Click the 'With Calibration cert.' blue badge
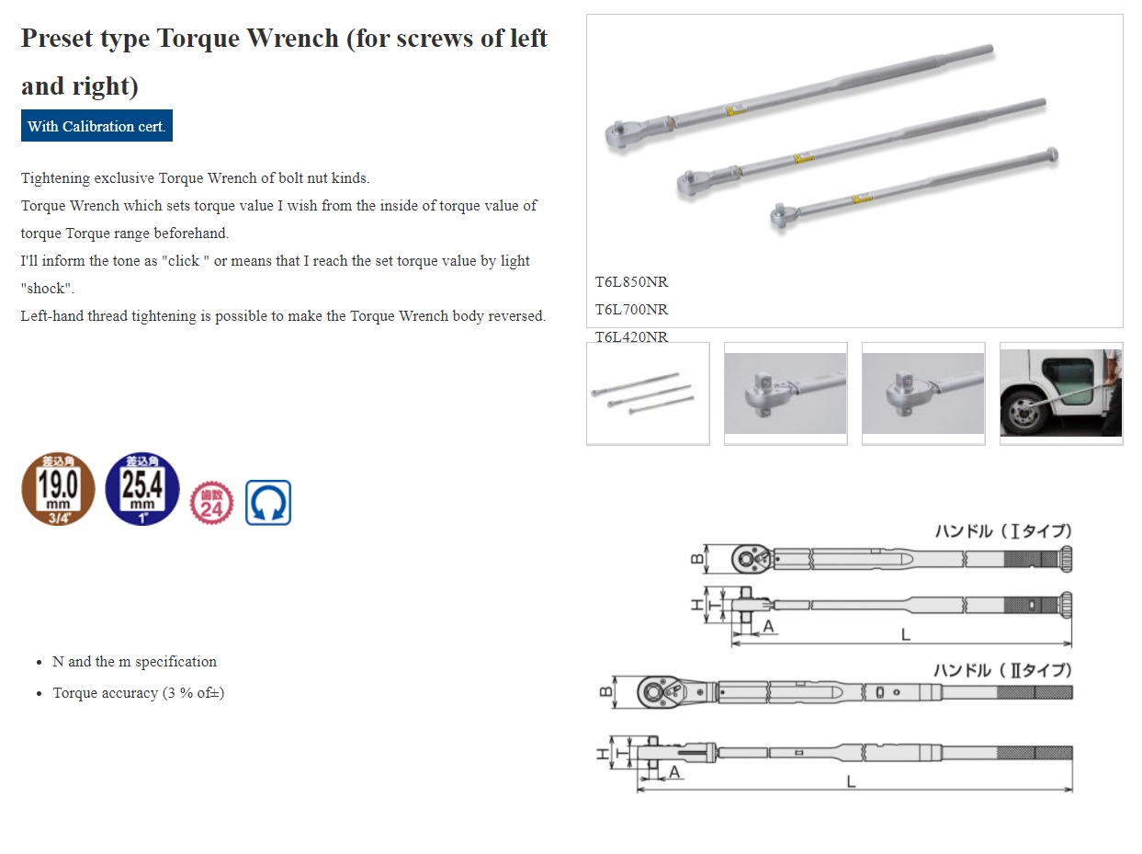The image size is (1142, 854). pyautogui.click(x=96, y=126)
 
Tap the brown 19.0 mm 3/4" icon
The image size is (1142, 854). pyautogui.click(x=58, y=489)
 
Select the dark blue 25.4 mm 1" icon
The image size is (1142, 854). pyautogui.click(x=142, y=489)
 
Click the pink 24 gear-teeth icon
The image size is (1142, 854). pyautogui.click(x=211, y=504)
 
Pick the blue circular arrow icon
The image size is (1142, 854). pyautogui.click(x=268, y=503)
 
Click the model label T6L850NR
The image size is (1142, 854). pyautogui.click(x=632, y=282)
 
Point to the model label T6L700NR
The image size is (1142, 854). pyautogui.click(x=632, y=310)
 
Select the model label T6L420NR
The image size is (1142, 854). pyautogui.click(x=632, y=336)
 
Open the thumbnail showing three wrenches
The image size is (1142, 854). pyautogui.click(x=648, y=393)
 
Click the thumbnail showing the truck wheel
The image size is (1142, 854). pyautogui.click(x=1060, y=393)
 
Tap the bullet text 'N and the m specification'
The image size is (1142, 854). pyautogui.click(x=134, y=662)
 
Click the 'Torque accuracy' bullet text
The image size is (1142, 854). pyautogui.click(x=138, y=693)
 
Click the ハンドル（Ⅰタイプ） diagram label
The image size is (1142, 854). pyautogui.click(x=1003, y=531)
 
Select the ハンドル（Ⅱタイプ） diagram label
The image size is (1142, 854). pyautogui.click(x=1003, y=670)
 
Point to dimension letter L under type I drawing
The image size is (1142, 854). pyautogui.click(x=905, y=633)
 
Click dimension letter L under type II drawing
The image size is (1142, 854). pyautogui.click(x=852, y=780)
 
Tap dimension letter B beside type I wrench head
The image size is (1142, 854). pyautogui.click(x=698, y=558)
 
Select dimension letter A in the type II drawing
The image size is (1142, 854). pyautogui.click(x=673, y=772)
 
